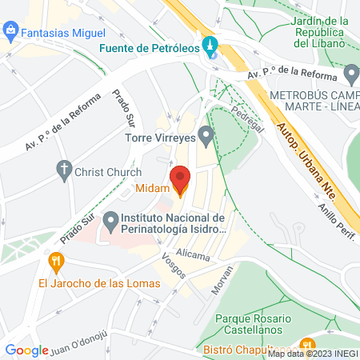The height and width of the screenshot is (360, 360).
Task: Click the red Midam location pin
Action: pyautogui.click(x=180, y=180)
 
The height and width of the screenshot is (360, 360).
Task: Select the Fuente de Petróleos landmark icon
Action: pyautogui.click(x=210, y=46)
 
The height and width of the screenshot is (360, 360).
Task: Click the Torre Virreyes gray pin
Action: pyautogui.click(x=206, y=136)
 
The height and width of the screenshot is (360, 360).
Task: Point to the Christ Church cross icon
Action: pyautogui.click(x=63, y=170)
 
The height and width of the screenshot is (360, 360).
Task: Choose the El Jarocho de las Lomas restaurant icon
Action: pyautogui.click(x=55, y=261)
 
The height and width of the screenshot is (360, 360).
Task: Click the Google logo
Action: pyautogui.click(x=27, y=350)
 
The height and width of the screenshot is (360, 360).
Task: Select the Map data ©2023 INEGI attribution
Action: pyautogui.click(x=312, y=353)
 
